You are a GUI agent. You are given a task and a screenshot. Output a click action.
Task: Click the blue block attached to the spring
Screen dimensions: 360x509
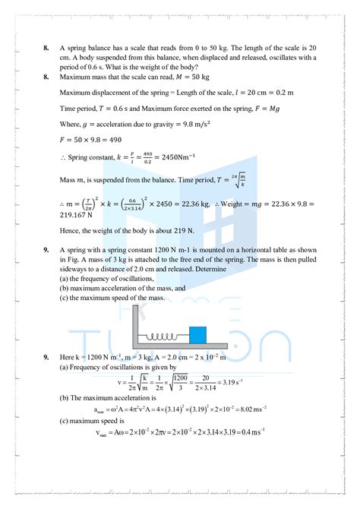coord(197,335)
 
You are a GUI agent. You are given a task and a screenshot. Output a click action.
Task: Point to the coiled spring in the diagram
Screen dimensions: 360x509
coord(166,337)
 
